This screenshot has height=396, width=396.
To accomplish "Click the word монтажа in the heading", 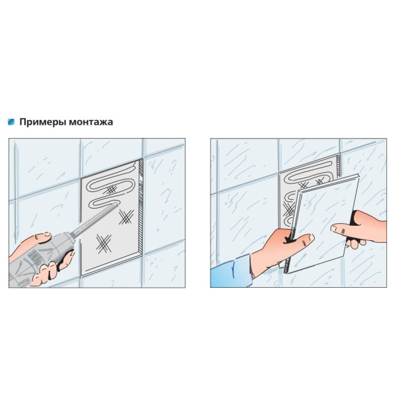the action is tap(91, 122).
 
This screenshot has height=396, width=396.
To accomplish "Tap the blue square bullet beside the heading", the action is tap(11, 121).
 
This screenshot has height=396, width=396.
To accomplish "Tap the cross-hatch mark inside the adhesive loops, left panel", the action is tap(111, 189).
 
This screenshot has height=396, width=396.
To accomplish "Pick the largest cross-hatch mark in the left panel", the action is tap(104, 244).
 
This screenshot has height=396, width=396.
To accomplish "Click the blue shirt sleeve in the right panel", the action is tap(231, 272).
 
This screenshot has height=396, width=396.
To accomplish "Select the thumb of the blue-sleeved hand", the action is tap(303, 240).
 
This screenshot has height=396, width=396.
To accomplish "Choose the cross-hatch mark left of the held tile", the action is tap(288, 210).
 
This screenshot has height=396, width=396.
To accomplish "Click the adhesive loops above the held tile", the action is tap(311, 174).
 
